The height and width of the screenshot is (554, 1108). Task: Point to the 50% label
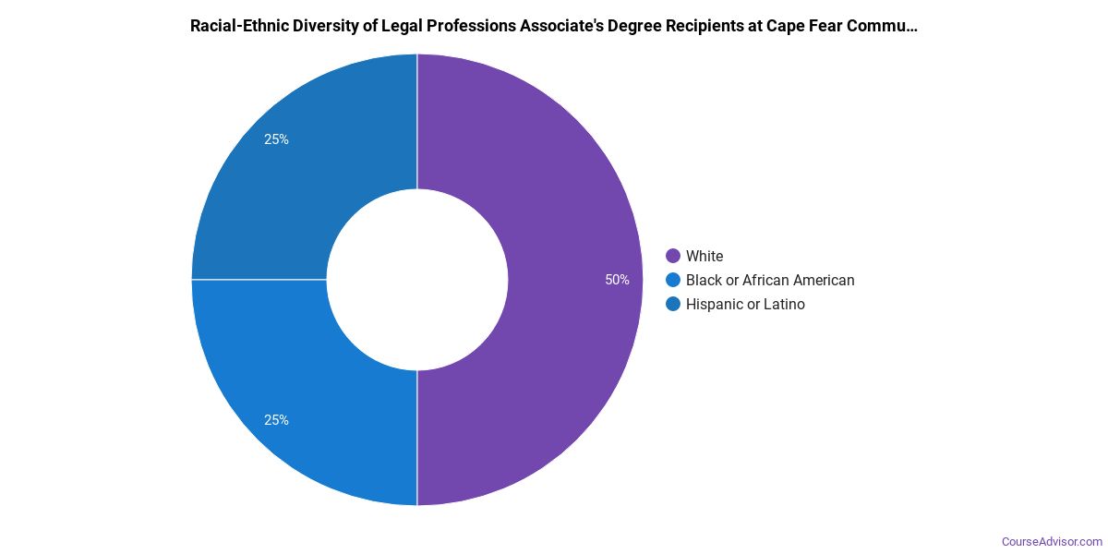[x=618, y=280]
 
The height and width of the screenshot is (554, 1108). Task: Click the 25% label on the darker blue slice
[x=276, y=139]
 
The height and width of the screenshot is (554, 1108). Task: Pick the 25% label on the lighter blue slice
[x=276, y=420]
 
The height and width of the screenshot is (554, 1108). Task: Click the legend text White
[x=705, y=256]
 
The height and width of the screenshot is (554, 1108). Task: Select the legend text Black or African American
[x=770, y=280]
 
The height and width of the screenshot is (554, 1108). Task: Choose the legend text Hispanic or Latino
[x=745, y=304]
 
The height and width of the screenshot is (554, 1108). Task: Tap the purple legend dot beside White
[x=673, y=256]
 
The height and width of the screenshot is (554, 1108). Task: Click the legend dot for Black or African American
[x=673, y=280]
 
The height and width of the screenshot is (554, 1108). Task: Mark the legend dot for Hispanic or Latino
[x=673, y=304]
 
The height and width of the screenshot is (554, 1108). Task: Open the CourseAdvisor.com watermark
[x=1053, y=541]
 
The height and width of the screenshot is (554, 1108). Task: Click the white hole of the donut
[x=417, y=280]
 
